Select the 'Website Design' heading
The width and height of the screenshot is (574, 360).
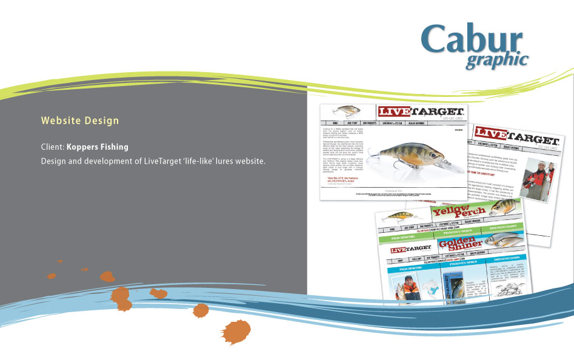coord(80,121)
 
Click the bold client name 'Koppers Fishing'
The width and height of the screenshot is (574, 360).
coord(98,147)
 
